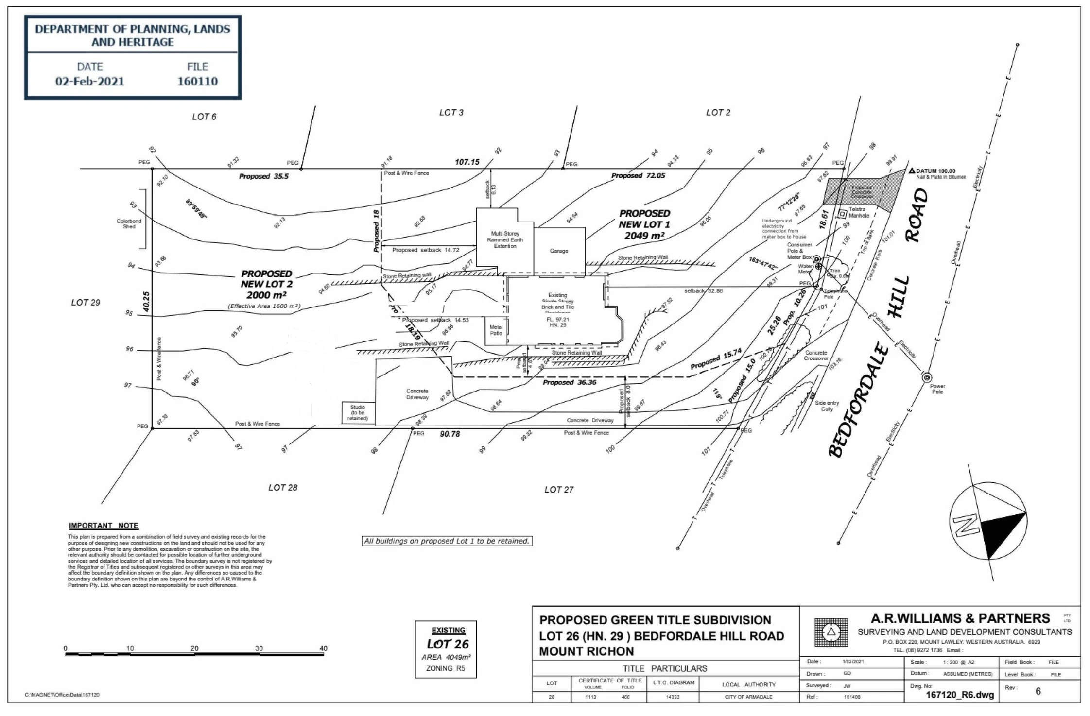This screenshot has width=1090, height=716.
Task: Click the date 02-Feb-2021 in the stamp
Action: click(90, 81)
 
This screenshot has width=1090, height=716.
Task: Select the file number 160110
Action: click(197, 81)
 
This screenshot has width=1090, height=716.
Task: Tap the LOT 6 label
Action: click(204, 117)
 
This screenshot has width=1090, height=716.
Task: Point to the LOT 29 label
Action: click(86, 303)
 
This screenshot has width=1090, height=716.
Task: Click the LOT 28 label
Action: click(283, 488)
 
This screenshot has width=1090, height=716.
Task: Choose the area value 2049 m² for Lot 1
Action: click(644, 236)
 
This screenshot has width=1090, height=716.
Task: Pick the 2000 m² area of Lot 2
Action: click(266, 295)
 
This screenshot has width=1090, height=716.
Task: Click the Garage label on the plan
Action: click(559, 251)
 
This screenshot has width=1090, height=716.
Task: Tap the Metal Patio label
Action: click(496, 330)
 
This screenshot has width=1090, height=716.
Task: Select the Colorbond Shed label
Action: click(129, 224)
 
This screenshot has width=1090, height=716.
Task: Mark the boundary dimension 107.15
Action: click(467, 162)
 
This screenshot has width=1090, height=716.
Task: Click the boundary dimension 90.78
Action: click(450, 434)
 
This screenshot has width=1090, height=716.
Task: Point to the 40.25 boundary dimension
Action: click(146, 302)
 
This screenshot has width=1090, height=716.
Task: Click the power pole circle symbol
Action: click(927, 377)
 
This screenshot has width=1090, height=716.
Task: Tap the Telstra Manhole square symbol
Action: click(842, 214)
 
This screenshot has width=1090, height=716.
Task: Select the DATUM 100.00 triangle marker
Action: click(912, 171)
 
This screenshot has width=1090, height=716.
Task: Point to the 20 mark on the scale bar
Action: click(194, 648)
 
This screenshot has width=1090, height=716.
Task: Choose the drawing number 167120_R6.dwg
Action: click(960, 695)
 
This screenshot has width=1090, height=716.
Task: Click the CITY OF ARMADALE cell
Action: click(748, 697)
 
